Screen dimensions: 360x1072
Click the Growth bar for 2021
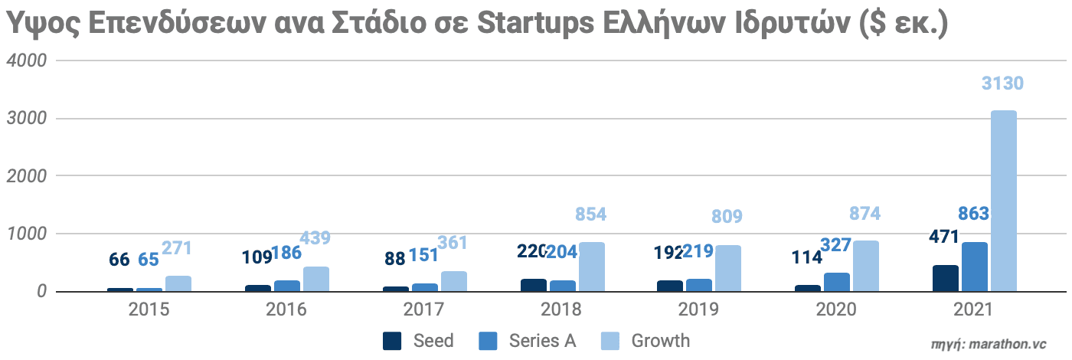pyautogui.click(x=1004, y=201)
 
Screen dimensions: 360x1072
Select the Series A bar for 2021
pyautogui.click(x=975, y=267)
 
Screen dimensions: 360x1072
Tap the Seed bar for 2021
pyautogui.click(x=946, y=278)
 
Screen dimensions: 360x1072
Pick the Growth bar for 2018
pyautogui.click(x=592, y=267)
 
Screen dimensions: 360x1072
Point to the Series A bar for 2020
pyautogui.click(x=837, y=282)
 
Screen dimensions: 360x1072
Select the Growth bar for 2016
pyautogui.click(x=316, y=279)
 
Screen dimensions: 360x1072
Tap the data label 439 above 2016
pyautogui.click(x=315, y=237)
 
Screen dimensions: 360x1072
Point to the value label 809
pyautogui.click(x=727, y=217)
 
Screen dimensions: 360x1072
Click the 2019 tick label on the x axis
pyautogui.click(x=699, y=310)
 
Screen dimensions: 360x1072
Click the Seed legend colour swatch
pyautogui.click(x=392, y=341)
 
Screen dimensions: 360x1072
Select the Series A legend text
pyautogui.click(x=542, y=341)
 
